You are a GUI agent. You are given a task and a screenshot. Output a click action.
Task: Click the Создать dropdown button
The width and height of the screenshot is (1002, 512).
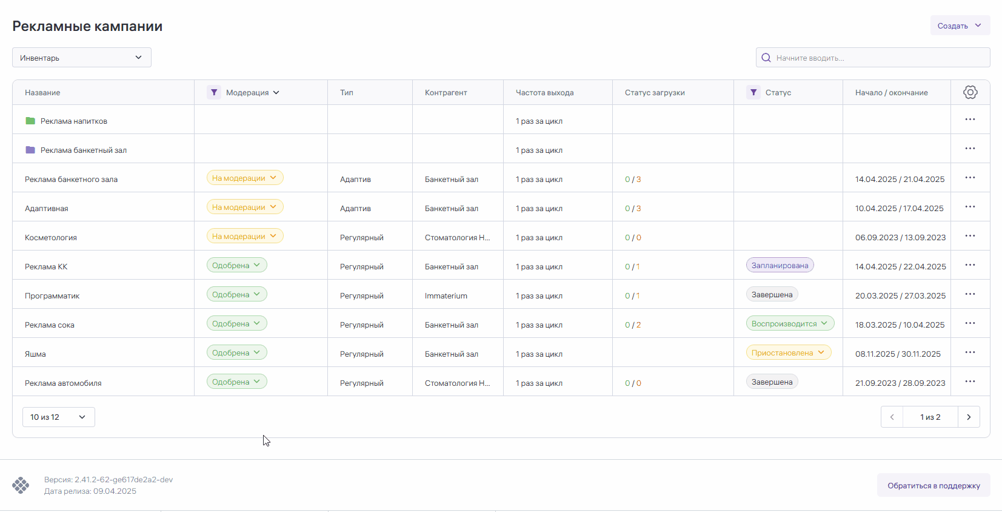click(x=960, y=25)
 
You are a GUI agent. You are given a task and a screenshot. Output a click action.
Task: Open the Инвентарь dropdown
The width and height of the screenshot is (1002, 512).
click(x=82, y=58)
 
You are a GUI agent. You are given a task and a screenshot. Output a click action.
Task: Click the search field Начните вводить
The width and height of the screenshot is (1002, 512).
click(x=873, y=58)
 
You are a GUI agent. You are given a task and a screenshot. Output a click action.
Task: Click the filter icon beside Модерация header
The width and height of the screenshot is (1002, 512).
click(x=213, y=92)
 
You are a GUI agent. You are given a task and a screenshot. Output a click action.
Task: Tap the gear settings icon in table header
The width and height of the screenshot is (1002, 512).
click(x=970, y=92)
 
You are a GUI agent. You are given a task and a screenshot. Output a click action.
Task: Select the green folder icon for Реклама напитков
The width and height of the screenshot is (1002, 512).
click(x=30, y=121)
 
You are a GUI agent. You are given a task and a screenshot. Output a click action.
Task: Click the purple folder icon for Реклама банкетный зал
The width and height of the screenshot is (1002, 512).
click(x=30, y=150)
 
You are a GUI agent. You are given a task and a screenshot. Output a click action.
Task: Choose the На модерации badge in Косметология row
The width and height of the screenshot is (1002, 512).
click(x=244, y=236)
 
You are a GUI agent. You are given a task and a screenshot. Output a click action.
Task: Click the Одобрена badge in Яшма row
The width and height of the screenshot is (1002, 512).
click(x=236, y=352)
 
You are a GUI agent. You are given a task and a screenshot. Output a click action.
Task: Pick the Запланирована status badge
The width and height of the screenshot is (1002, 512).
click(x=780, y=265)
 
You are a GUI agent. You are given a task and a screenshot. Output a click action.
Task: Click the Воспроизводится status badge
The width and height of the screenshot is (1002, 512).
click(x=789, y=323)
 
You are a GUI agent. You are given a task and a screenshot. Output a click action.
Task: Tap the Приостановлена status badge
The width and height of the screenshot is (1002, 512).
click(x=788, y=352)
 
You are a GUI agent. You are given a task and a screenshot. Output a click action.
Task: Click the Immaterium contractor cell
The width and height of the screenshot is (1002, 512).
click(x=446, y=295)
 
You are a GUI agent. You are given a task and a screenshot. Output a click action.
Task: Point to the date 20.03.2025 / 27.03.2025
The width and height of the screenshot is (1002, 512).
click(x=900, y=295)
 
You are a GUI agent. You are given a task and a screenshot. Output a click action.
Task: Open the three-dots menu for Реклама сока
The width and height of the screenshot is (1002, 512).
click(x=970, y=323)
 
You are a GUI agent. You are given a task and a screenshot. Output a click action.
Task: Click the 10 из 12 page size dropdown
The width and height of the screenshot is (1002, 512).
click(x=58, y=417)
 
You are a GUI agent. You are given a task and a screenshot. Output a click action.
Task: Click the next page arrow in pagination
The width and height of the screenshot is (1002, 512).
click(x=969, y=417)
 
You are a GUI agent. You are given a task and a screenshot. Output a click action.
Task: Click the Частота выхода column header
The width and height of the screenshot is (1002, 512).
click(x=544, y=92)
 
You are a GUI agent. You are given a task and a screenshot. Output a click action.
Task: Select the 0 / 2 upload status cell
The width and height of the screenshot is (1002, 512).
click(x=633, y=325)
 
